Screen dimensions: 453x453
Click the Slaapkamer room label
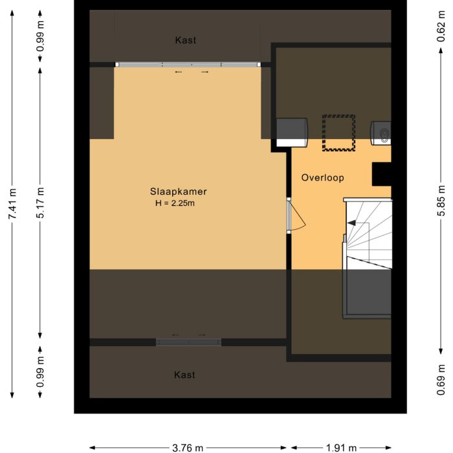(x=178, y=192)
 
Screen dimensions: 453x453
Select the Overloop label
(x=322, y=177)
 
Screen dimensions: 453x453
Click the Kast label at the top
(x=185, y=40)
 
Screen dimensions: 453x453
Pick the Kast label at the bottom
(x=184, y=375)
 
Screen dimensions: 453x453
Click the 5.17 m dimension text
(x=41, y=203)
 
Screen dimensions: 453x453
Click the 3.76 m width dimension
(x=188, y=447)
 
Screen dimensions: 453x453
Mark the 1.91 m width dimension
(x=340, y=447)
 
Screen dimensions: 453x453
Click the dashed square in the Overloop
(x=339, y=133)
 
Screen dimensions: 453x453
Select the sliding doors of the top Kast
(x=188, y=65)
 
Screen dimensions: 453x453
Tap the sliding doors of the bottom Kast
(x=188, y=342)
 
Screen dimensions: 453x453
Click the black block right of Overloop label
(x=381, y=173)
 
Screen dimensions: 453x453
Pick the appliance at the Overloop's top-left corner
(x=292, y=131)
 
